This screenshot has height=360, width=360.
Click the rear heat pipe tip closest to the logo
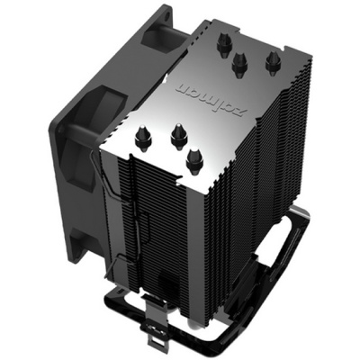pos(240,62)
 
